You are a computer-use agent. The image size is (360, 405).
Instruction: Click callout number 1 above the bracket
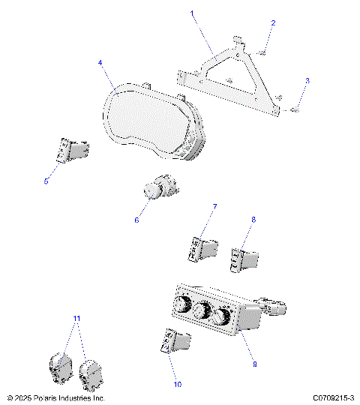tap(192, 13)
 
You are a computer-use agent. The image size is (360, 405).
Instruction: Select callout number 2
tap(273, 23)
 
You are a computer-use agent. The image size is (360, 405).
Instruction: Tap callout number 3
tap(306, 80)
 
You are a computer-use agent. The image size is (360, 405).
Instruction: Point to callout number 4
tap(100, 63)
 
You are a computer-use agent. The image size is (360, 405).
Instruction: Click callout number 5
tap(46, 181)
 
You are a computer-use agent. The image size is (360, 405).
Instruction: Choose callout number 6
tap(136, 220)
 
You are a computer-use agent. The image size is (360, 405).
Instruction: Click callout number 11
tap(76, 318)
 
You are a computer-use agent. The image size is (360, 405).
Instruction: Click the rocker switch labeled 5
tap(73, 151)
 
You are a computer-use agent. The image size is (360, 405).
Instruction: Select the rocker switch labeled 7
tap(203, 247)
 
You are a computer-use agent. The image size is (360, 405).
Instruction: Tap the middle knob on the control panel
tap(200, 311)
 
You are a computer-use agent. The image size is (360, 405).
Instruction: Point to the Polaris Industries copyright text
tap(56, 397)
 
